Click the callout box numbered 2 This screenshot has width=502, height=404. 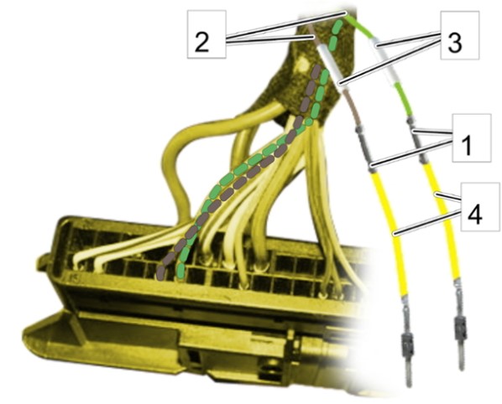[207, 34]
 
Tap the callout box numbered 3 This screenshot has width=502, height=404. [459, 35]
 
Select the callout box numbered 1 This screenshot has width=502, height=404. [471, 137]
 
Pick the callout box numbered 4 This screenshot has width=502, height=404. [480, 206]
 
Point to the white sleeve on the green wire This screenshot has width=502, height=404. [384, 60]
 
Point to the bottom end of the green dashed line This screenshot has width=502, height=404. [181, 276]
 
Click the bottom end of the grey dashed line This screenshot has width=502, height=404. [160, 276]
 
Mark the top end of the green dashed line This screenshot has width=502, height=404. [338, 23]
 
